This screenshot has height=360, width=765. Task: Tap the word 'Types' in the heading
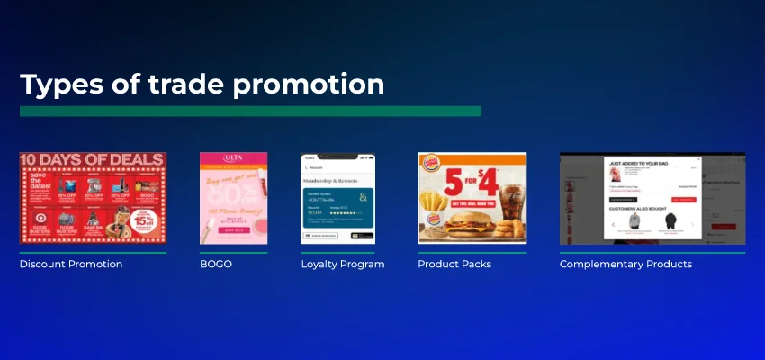pyautogui.click(x=57, y=84)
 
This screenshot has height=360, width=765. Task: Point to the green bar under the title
pyautogui.click(x=250, y=111)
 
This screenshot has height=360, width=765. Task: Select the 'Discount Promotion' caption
pyautogui.click(x=71, y=265)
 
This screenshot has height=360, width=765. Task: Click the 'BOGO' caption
pyautogui.click(x=216, y=265)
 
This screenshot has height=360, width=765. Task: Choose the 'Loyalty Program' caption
pyautogui.click(x=343, y=265)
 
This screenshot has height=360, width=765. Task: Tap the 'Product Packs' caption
pyautogui.click(x=454, y=265)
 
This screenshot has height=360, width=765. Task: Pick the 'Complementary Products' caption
pyautogui.click(x=625, y=265)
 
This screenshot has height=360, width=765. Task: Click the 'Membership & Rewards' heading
pyautogui.click(x=336, y=179)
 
